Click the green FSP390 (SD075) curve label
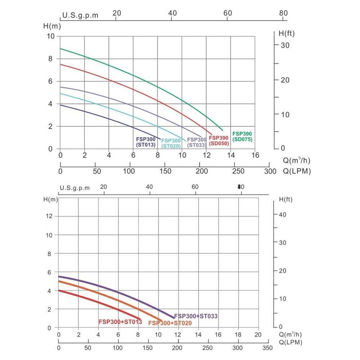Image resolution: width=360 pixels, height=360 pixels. (x=242, y=136)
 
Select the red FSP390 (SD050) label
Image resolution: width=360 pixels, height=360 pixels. (x=219, y=141)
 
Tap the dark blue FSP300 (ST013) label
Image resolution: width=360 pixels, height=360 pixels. (x=145, y=142)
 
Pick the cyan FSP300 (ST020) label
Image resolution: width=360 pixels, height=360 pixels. (x=171, y=143)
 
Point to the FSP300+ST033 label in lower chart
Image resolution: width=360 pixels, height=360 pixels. (x=196, y=316)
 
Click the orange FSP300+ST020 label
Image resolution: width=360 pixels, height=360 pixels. (x=170, y=323)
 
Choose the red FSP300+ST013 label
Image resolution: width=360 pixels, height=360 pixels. (x=120, y=321)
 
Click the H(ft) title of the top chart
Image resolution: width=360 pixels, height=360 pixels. (x=287, y=33)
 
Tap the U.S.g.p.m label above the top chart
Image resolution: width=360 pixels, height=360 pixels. (x=80, y=15)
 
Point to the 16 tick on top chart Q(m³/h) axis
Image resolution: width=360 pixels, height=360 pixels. (x=255, y=156)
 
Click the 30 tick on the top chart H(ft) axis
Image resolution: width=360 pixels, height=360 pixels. (x=285, y=45)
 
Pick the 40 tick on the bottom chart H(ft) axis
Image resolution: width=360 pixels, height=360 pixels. (x=282, y=215)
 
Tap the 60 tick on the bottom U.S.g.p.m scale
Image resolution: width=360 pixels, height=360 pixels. (x=195, y=187)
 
